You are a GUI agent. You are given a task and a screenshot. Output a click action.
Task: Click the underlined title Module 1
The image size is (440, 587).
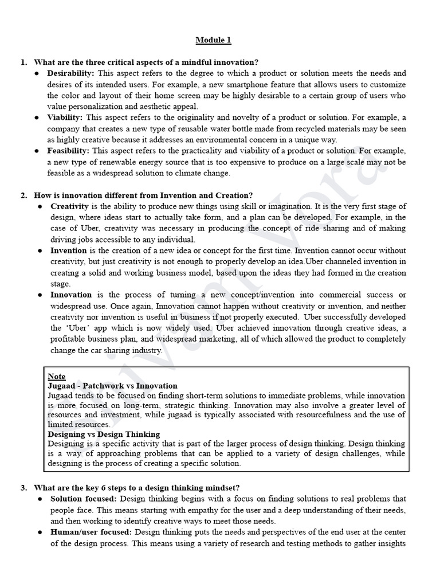214,40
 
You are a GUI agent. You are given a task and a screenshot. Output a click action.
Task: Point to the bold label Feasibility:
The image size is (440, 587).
68,151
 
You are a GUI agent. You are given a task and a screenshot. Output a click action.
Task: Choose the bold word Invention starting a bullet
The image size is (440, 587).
68,251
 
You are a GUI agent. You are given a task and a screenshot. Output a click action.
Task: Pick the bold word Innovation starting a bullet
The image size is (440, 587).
71,295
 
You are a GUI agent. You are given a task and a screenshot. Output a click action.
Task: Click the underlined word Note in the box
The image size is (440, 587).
56,377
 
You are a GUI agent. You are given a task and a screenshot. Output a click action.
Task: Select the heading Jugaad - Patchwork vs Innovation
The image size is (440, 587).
112,386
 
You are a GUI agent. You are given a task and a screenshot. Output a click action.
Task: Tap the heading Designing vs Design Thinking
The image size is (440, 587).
104,434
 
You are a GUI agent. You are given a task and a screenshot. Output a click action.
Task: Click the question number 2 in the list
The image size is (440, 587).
23,195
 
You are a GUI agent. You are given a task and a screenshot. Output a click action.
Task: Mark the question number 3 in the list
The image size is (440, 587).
23,488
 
